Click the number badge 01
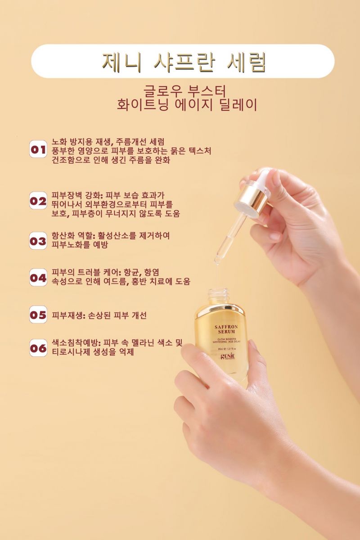tap(38, 149)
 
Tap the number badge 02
tap(38, 201)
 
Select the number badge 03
tap(38, 241)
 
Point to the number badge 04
tap(38, 278)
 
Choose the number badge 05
tap(38, 315)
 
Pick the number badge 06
tap(38, 348)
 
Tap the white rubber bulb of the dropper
tap(263, 177)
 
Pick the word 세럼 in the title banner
tap(246, 63)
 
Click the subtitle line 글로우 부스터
tap(185, 91)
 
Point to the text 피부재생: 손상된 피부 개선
tap(99, 315)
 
